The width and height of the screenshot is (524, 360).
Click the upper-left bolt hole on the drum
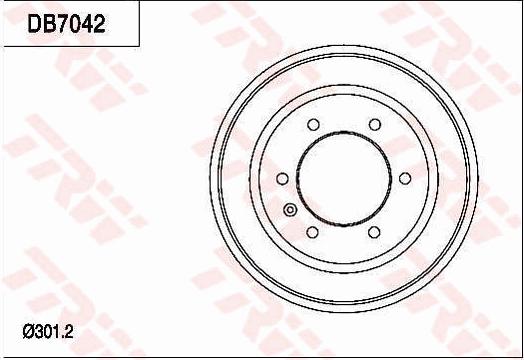tap(312, 125)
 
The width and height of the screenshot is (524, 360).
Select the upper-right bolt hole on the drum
tap(375, 125)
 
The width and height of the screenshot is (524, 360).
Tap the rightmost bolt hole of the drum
tap(406, 179)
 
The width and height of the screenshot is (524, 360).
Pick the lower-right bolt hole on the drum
tap(375, 233)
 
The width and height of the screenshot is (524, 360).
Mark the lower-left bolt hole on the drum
tap(312, 233)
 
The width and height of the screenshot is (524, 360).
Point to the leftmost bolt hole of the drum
tap(281, 179)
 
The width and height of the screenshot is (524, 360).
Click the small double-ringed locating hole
tap(291, 210)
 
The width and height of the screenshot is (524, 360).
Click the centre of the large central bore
tap(344, 179)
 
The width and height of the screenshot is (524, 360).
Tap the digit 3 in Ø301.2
tap(38, 331)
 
